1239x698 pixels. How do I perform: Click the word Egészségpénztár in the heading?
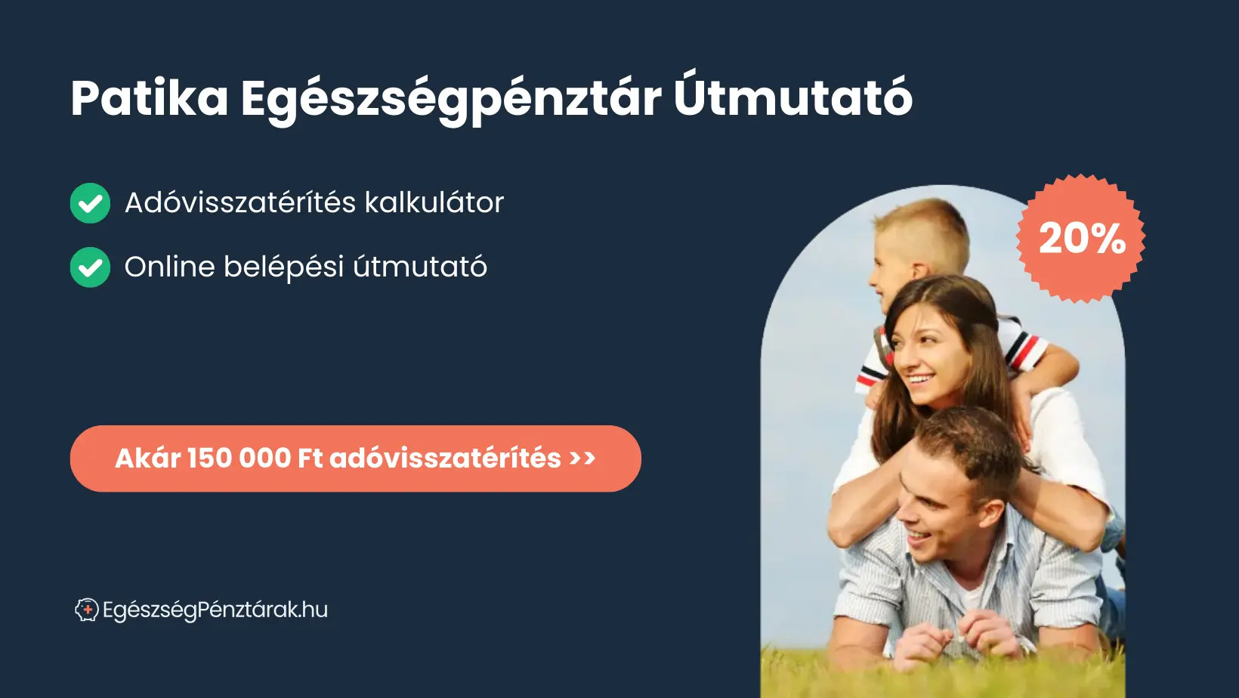click(451, 100)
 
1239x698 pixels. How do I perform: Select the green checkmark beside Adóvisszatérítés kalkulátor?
click(90, 203)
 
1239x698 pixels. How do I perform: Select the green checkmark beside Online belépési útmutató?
click(90, 267)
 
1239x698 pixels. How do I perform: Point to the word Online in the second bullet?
click(169, 267)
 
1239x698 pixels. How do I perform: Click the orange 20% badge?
click(1081, 239)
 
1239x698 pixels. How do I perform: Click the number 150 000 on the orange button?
click(239, 458)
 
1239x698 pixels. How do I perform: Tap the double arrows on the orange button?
click(583, 458)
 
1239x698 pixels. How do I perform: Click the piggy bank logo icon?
click(87, 610)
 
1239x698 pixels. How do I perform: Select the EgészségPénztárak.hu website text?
click(215, 610)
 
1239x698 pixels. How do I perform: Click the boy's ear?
click(919, 271)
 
